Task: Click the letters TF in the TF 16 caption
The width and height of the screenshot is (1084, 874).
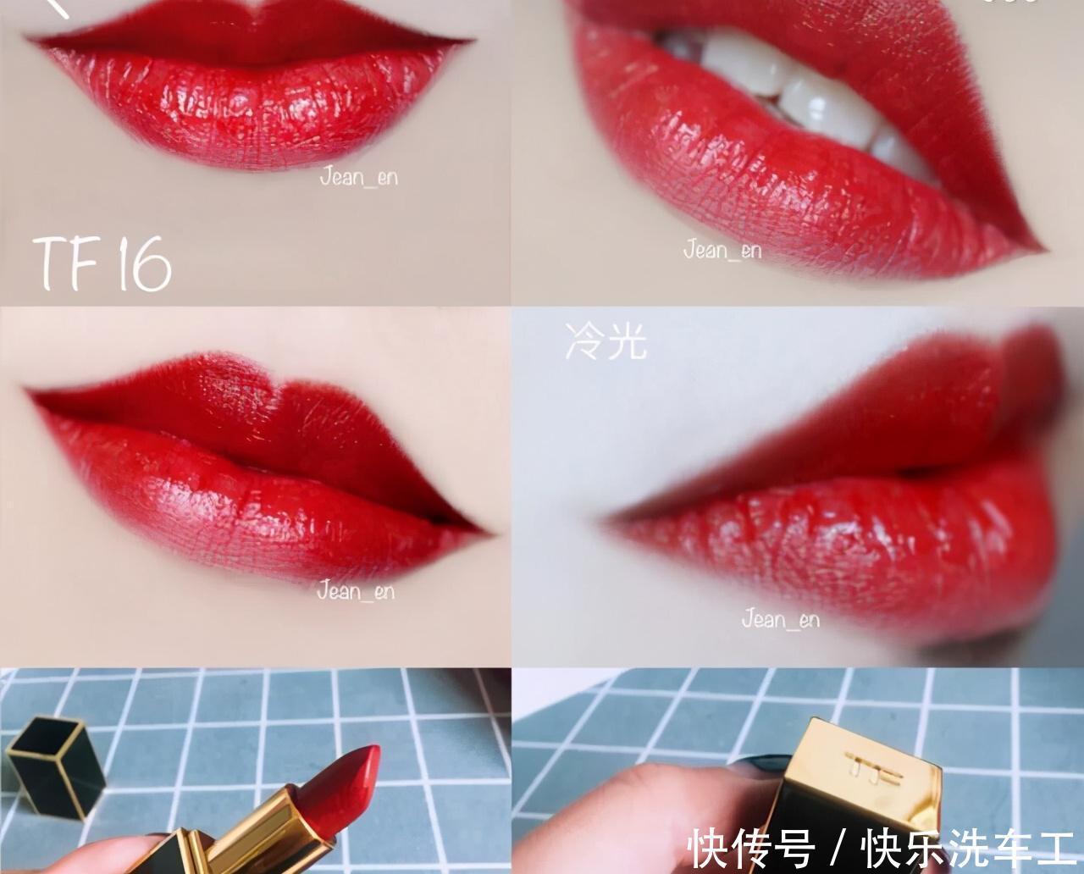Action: tap(65, 264)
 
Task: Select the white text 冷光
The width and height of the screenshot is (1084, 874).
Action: tap(606, 341)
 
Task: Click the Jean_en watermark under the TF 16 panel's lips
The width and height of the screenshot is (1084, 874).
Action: tap(358, 177)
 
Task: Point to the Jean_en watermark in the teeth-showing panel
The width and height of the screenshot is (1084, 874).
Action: tap(722, 251)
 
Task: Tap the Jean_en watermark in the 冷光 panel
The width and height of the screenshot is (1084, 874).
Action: tap(781, 619)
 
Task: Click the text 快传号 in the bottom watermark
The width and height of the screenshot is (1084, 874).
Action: tap(750, 849)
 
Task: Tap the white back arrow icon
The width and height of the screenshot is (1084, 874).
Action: tap(57, 7)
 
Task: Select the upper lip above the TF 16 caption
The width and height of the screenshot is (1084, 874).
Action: tap(252, 33)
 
